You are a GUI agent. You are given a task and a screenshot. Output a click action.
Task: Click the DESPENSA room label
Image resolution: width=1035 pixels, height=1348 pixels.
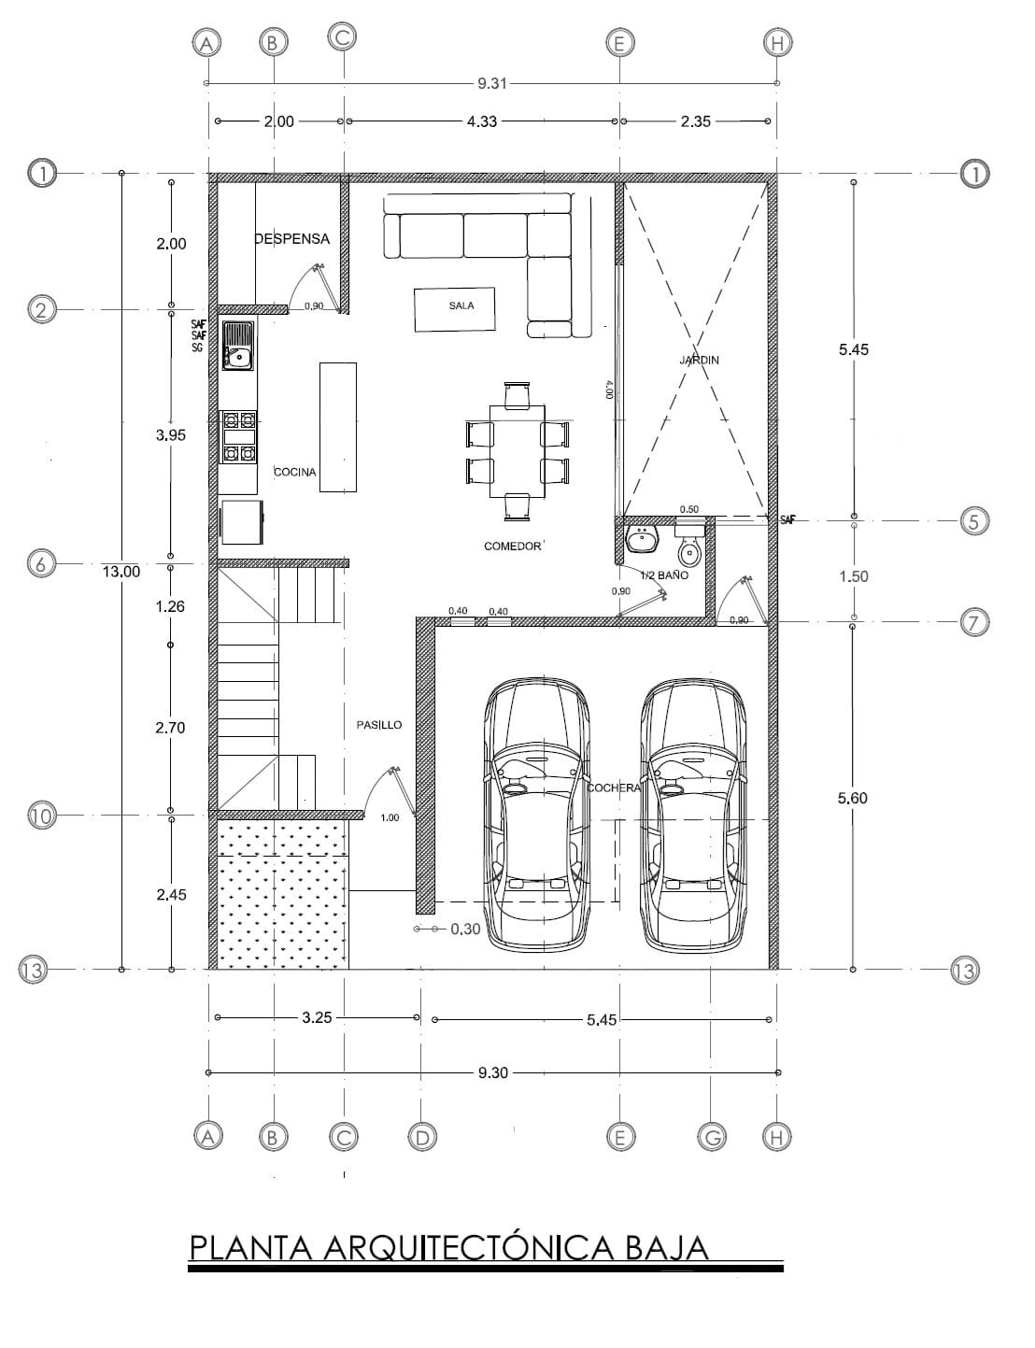pyautogui.click(x=291, y=239)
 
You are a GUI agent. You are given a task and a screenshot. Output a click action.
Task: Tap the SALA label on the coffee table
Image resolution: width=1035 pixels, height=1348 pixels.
pyautogui.click(x=461, y=305)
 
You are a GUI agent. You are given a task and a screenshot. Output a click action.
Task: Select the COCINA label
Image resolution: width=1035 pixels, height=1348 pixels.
pyautogui.click(x=294, y=472)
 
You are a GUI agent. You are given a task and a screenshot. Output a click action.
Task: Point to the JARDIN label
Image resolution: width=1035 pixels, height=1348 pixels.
pyautogui.click(x=699, y=360)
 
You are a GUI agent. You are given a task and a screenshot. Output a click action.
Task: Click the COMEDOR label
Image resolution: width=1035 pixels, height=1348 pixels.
pyautogui.click(x=512, y=546)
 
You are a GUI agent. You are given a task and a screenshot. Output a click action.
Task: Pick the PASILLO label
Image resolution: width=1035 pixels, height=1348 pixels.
pyautogui.click(x=379, y=725)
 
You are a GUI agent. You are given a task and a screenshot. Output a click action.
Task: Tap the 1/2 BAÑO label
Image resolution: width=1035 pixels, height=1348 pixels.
pyautogui.click(x=664, y=575)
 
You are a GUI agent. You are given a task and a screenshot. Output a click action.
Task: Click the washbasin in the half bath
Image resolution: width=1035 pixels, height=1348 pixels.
pyautogui.click(x=642, y=538)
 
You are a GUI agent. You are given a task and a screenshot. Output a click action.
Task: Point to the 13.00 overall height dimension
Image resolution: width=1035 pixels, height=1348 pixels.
pyautogui.click(x=121, y=572)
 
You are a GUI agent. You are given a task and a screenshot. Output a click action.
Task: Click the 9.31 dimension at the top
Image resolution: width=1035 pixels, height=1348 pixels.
pyautogui.click(x=492, y=83)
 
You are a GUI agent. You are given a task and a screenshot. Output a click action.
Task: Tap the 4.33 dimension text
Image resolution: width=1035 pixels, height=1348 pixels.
pyautogui.click(x=482, y=121)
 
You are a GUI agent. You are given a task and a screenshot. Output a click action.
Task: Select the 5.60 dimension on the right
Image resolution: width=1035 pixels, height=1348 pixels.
pyautogui.click(x=853, y=799)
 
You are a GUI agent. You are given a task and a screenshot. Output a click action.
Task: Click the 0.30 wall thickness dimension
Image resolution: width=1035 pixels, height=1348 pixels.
pyautogui.click(x=466, y=929)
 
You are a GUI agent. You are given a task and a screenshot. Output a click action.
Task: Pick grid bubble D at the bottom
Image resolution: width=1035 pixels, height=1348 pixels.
pyautogui.click(x=422, y=1137)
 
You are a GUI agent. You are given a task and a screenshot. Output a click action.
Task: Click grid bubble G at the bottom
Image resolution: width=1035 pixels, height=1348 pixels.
pyautogui.click(x=712, y=1137)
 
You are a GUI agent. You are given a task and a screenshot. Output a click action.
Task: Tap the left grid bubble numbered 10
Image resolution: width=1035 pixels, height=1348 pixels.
pyautogui.click(x=41, y=816)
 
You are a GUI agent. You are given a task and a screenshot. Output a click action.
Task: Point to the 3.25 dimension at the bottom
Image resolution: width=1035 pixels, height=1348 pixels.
pyautogui.click(x=317, y=1017)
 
